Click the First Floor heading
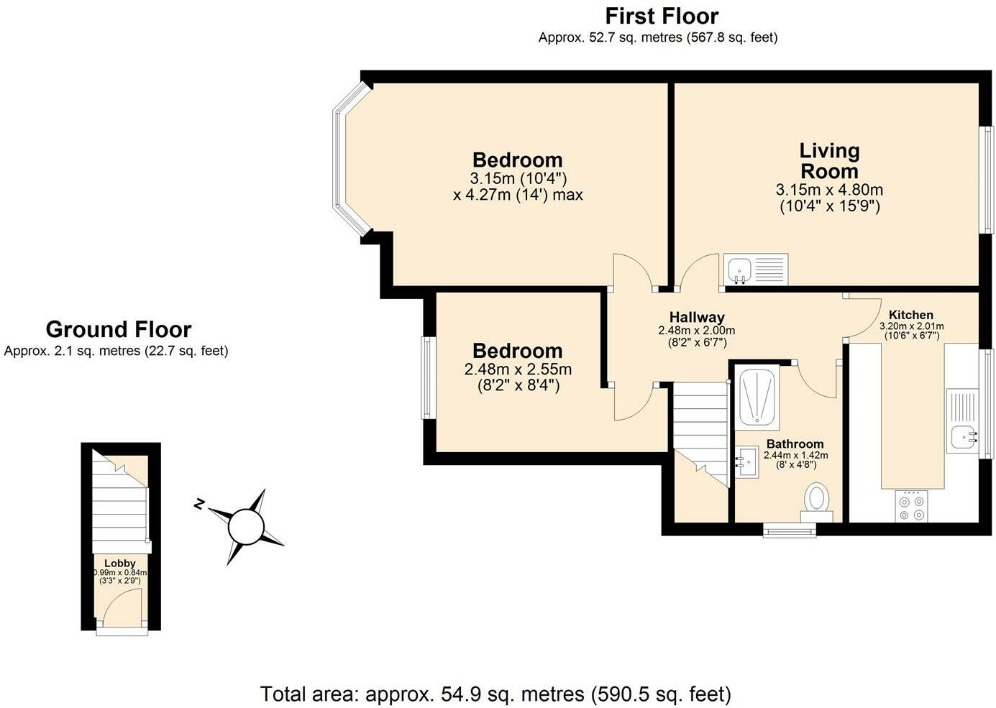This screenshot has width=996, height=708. pyautogui.click(x=661, y=16)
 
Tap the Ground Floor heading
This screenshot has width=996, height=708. pyautogui.click(x=118, y=329)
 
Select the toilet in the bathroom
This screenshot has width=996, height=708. pyautogui.click(x=816, y=501)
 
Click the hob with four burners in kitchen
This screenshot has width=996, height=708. pyautogui.click(x=912, y=506)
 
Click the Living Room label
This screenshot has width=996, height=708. pyautogui.click(x=829, y=161)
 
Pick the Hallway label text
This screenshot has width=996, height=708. pyautogui.click(x=696, y=317)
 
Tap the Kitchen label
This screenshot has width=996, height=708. pyautogui.click(x=910, y=315)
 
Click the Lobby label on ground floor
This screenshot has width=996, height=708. pyautogui.click(x=120, y=563)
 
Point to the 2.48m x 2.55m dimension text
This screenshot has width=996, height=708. pyautogui.click(x=518, y=369)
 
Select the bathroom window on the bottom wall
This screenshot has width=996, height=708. pyautogui.click(x=789, y=530)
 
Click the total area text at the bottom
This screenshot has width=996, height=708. pyautogui.click(x=495, y=694)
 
